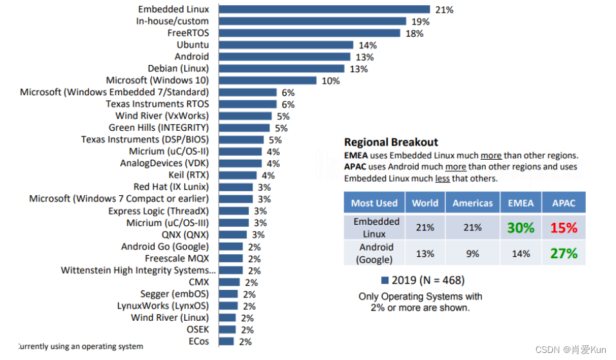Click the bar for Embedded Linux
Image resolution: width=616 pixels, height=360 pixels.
(x=324, y=9)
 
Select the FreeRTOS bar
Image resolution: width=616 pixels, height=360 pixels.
(x=309, y=33)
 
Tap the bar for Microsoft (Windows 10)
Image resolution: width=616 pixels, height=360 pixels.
(x=267, y=81)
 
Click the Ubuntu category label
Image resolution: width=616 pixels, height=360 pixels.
(x=193, y=45)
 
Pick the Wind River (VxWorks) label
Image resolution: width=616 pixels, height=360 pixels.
(x=162, y=116)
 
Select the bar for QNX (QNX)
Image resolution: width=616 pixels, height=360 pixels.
(x=233, y=234)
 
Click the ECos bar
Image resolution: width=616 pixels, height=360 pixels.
(x=226, y=341)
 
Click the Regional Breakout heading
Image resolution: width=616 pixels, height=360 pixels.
(x=390, y=142)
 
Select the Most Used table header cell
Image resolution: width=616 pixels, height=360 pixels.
(x=374, y=203)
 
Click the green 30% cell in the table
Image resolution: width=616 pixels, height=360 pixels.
(x=521, y=227)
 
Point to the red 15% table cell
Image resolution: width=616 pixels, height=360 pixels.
(x=563, y=227)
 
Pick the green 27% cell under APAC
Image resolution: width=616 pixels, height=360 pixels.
(x=563, y=253)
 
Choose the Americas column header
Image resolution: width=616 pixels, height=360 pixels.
(x=472, y=203)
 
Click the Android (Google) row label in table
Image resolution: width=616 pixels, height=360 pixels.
(x=376, y=253)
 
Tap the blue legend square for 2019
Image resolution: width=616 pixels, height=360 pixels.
(x=385, y=280)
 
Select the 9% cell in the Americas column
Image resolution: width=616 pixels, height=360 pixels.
(x=472, y=254)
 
